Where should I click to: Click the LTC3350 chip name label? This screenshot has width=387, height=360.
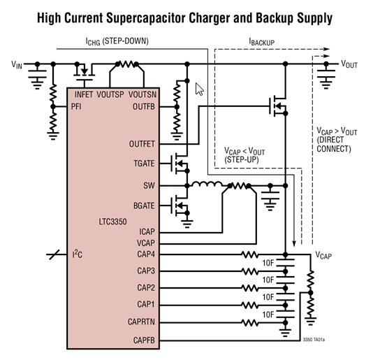112,222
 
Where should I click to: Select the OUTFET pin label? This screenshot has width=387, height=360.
142,144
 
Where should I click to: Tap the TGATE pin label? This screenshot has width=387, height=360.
144,164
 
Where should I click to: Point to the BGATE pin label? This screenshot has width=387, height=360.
144,206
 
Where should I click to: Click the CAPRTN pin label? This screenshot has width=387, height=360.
141,322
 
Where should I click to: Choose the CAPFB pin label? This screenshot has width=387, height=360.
144,340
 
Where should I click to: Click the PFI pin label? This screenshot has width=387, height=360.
76,107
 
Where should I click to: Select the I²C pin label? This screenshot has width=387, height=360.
78,254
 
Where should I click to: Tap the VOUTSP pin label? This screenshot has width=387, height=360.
110,94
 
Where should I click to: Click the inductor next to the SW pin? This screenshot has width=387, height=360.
207,184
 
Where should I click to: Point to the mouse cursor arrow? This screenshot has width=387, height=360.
199,89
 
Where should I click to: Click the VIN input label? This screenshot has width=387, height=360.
17,65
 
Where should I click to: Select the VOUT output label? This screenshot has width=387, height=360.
349,64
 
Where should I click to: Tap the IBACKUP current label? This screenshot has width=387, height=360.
262,42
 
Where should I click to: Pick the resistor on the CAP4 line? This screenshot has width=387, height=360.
250,254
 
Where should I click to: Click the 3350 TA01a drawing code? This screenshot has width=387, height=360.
314,340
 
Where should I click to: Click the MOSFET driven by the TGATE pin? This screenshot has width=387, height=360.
180,163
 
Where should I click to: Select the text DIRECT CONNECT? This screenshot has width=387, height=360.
334,145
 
